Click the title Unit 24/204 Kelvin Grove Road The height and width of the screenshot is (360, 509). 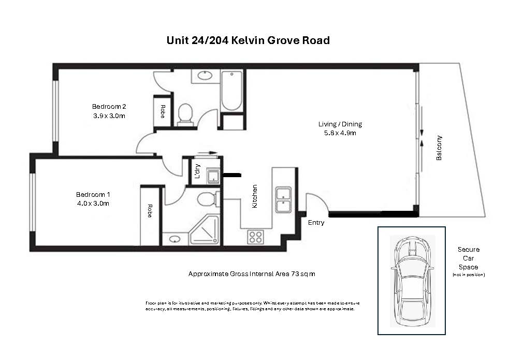click(248, 40)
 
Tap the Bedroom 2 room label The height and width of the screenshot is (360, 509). click(109, 107)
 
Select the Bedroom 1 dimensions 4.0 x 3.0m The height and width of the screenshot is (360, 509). click(93, 204)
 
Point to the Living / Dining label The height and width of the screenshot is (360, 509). click(340, 124)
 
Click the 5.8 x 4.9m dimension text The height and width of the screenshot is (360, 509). click(340, 133)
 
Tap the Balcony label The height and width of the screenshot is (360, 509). click(439, 148)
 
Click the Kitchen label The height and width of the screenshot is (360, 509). click(255, 196)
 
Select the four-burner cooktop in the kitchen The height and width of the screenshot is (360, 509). click(255, 237)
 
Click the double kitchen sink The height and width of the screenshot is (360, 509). click(283, 199)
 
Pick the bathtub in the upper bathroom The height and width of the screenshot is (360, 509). click(231, 91)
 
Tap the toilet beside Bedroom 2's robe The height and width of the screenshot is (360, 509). click(185, 115)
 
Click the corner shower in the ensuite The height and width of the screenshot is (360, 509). click(204, 230)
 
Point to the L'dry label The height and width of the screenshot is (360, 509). click(197, 171)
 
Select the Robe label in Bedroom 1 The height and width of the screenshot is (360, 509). click(150, 211)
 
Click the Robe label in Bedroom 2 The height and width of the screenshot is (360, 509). click(162, 111)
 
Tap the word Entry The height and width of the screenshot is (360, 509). click(316, 223)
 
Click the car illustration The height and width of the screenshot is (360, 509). click(412, 281)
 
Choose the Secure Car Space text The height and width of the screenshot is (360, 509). click(469, 258)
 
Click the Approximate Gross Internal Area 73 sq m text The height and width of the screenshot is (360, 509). click(252, 273)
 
